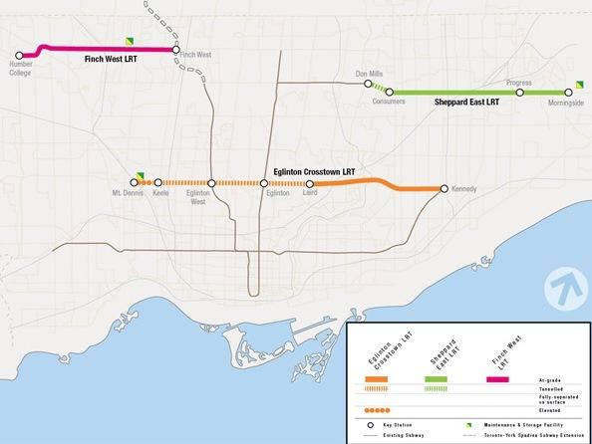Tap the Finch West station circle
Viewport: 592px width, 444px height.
175,50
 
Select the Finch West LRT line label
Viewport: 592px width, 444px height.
112,60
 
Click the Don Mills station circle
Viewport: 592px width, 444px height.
368,85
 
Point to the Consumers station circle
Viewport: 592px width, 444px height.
390,93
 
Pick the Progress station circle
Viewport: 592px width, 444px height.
519,93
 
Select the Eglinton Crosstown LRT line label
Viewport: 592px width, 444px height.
314,171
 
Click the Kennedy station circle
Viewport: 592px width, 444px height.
444,189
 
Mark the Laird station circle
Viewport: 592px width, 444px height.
310,184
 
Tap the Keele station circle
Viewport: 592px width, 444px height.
158,183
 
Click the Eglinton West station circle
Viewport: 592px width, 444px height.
212,183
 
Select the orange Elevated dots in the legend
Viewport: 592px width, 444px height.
377,409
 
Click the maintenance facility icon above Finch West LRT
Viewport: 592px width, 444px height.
128,41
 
